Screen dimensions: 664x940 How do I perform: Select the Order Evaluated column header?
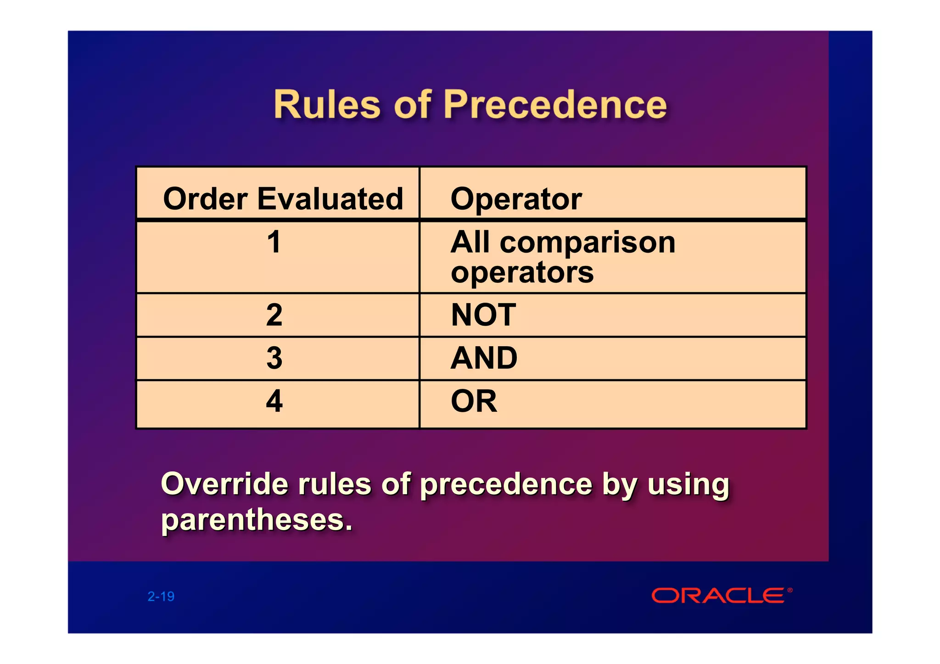click(x=283, y=199)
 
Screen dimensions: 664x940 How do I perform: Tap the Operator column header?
click(x=516, y=199)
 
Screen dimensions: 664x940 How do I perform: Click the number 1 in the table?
click(x=274, y=242)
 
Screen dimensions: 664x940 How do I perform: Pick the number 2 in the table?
click(x=274, y=315)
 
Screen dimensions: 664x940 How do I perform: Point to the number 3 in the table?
click(x=274, y=358)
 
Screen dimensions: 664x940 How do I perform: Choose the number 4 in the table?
click(x=274, y=401)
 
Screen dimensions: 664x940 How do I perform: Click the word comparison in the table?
click(x=587, y=243)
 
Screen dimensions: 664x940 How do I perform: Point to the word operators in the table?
click(x=522, y=273)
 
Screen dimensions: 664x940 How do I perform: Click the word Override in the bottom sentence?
click(x=224, y=484)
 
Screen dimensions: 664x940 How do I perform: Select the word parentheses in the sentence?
click(x=256, y=520)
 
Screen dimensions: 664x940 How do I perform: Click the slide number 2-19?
click(x=161, y=596)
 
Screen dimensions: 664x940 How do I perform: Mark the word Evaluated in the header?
click(x=330, y=199)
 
